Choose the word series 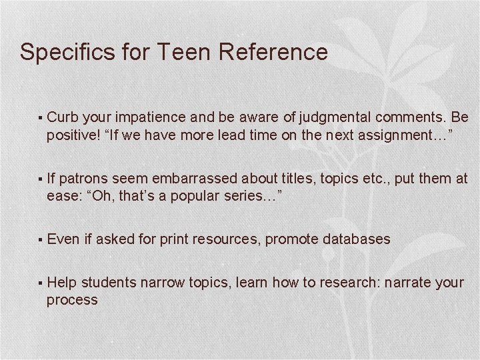(x=252, y=196)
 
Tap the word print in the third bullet (x=174, y=239)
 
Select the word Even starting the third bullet (x=63, y=239)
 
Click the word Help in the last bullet (x=63, y=282)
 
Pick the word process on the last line (x=72, y=300)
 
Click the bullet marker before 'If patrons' (x=41, y=179)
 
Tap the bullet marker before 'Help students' (x=41, y=283)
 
